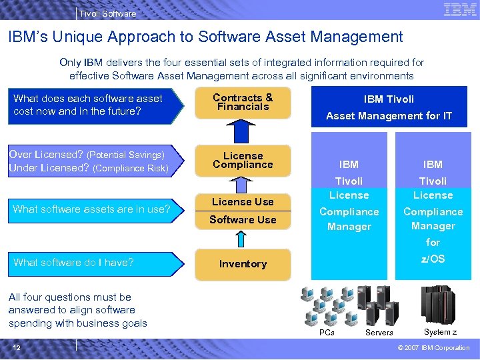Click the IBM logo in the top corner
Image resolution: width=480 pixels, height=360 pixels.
tap(459, 9)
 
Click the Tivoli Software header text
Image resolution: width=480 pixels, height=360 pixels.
tap(107, 13)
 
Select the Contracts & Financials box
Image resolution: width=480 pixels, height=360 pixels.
tap(243, 103)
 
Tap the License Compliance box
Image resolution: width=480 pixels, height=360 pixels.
tap(243, 161)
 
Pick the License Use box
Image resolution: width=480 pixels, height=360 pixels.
tap(243, 201)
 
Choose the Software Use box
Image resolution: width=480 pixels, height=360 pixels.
tap(243, 220)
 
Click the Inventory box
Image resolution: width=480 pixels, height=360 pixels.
tap(243, 264)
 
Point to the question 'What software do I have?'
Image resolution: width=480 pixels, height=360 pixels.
tap(73, 263)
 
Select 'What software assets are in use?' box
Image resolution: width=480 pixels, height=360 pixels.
tap(91, 209)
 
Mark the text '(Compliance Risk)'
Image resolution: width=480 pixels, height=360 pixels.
tap(130, 168)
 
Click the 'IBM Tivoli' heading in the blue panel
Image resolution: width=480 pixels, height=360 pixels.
tap(389, 99)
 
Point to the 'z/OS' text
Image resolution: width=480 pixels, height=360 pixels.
tap(433, 259)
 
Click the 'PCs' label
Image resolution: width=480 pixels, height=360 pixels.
tap(327, 332)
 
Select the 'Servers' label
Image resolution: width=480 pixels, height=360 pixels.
tap(379, 333)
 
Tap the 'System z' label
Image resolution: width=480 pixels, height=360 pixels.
tap(440, 332)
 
